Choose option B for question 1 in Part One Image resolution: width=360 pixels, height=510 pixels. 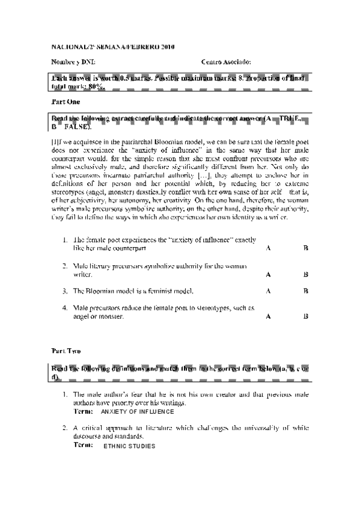pyautogui.click(x=306, y=248)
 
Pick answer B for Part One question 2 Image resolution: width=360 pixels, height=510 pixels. pyautogui.click(x=306, y=274)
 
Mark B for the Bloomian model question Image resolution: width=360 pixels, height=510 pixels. pyautogui.click(x=306, y=291)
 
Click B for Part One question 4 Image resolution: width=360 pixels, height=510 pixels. pyautogui.click(x=306, y=316)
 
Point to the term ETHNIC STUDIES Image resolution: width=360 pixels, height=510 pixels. pyautogui.click(x=129, y=447)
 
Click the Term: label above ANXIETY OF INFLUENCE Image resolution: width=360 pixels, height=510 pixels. pyautogui.click(x=82, y=411)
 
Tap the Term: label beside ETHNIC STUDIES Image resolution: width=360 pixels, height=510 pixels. pyautogui.click(x=82, y=446)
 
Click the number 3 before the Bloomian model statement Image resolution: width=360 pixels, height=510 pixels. pyautogui.click(x=65, y=291)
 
